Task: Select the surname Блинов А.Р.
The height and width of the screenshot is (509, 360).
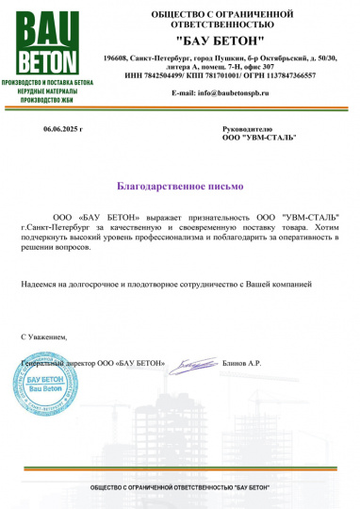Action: [x=241, y=363]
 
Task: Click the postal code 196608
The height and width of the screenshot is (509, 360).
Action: [x=117, y=58]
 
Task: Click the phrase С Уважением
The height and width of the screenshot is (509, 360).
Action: [x=44, y=336]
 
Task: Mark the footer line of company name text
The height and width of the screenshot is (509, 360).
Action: [x=179, y=485]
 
